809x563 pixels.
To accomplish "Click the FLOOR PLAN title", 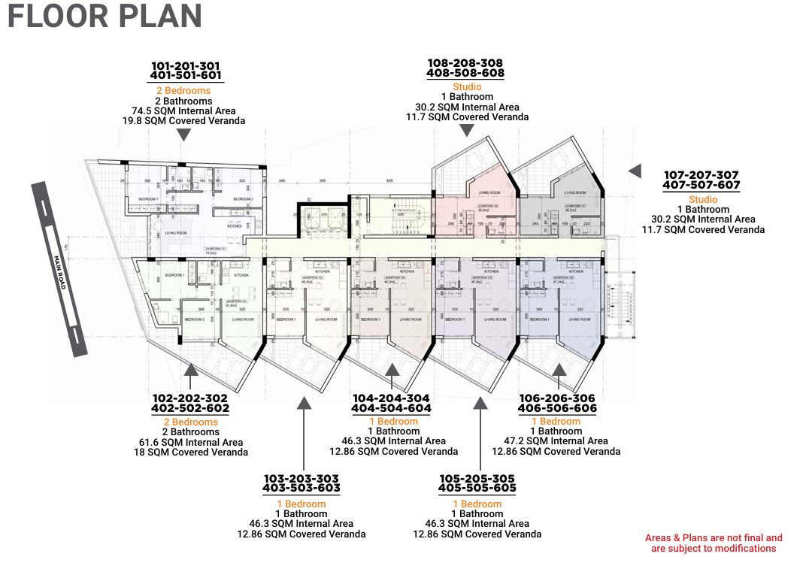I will click(105, 17).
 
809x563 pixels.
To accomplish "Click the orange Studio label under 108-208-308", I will click(466, 87).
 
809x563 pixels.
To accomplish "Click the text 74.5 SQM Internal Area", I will click(183, 110).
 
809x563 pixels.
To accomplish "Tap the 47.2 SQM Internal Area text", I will click(556, 441).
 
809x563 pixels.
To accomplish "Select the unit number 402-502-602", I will click(190, 408).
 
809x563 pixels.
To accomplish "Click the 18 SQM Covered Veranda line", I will click(190, 453).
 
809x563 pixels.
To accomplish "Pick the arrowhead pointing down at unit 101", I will click(183, 135).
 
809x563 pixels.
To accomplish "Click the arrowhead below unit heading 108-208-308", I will click(466, 132).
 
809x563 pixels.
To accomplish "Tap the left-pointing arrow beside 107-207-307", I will click(635, 171).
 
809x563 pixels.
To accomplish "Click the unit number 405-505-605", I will click(477, 488).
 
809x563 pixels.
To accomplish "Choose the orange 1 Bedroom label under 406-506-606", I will click(556, 421).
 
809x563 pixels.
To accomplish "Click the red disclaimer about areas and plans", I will click(713, 543).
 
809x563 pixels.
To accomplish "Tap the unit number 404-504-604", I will click(391, 408).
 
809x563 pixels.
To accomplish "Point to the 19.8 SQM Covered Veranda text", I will click(183, 120).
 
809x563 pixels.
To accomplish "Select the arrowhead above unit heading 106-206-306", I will click(559, 369).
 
